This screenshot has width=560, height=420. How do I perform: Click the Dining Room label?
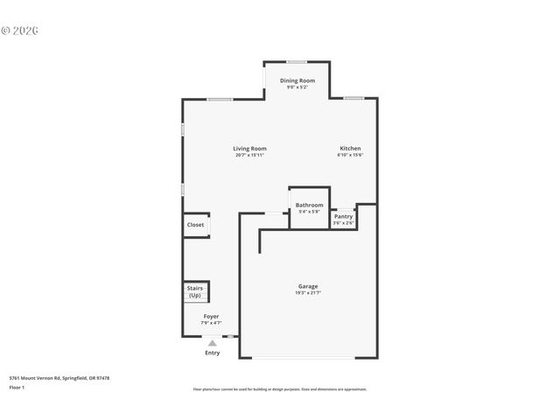pyautogui.click(x=297, y=80)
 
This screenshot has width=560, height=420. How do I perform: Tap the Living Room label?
pyautogui.click(x=249, y=148)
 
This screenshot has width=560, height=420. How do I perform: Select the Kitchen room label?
pyautogui.click(x=350, y=148)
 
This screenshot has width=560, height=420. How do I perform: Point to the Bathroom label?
pyautogui.click(x=309, y=205)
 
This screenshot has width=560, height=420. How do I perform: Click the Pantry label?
pyautogui.click(x=343, y=216)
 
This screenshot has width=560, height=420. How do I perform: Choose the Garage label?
pyautogui.click(x=308, y=286)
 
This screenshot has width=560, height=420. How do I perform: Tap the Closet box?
pyautogui.click(x=195, y=225)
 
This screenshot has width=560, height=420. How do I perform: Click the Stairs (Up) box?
pyautogui.click(x=194, y=291)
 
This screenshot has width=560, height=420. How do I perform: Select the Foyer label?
pyautogui.click(x=212, y=316)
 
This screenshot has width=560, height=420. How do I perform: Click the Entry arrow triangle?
pyautogui.click(x=212, y=343)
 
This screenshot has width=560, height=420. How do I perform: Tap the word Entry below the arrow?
pyautogui.click(x=212, y=353)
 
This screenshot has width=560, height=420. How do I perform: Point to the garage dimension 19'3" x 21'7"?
pyautogui.click(x=308, y=293)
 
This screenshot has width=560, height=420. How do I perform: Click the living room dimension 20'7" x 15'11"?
pyautogui.click(x=249, y=155)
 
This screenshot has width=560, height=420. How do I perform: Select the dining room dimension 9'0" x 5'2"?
pyautogui.click(x=297, y=87)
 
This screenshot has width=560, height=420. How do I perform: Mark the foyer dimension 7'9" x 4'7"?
pyautogui.click(x=212, y=323)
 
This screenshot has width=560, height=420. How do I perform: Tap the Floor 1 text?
pyautogui.click(x=17, y=387)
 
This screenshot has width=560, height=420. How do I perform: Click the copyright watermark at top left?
pyautogui.click(x=20, y=30)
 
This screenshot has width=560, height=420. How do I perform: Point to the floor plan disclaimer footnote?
pyautogui.click(x=280, y=389)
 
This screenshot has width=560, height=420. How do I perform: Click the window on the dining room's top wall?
pyautogui.click(x=297, y=61)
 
